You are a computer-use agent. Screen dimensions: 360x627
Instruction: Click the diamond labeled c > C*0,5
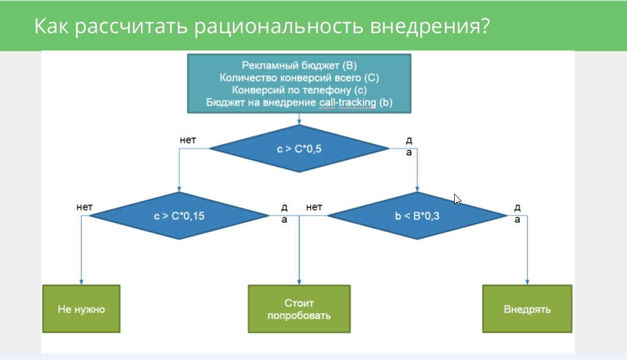299,148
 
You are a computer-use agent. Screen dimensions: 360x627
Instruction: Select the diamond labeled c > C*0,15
180,216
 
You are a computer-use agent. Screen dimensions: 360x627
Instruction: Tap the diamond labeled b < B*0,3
417,216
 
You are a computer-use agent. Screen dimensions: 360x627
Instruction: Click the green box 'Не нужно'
81,309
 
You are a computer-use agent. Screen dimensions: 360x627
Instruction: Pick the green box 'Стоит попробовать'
299,309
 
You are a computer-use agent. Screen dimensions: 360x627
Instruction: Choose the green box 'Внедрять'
527,309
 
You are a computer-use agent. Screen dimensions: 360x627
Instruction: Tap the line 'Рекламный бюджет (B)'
299,65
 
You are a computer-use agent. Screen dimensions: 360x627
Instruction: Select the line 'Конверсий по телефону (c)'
299,90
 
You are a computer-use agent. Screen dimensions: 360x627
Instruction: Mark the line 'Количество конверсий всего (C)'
299,77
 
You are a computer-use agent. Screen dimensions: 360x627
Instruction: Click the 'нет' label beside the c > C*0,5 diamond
188,140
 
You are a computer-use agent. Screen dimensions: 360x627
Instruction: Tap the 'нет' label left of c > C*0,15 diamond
84,207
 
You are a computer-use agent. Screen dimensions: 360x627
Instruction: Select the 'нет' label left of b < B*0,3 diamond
314,207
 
